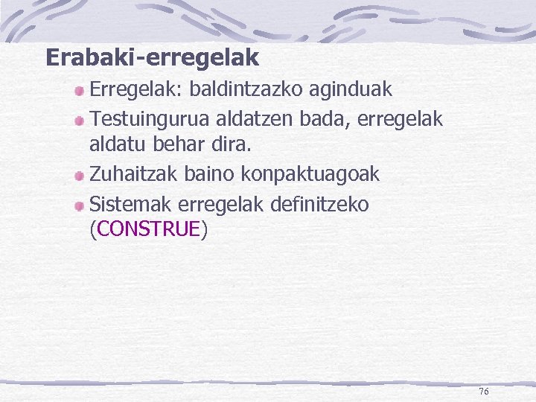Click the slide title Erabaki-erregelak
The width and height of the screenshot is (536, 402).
[x=152, y=57]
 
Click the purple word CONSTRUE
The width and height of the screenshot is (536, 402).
[x=149, y=229]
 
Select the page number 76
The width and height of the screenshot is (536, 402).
[x=484, y=392]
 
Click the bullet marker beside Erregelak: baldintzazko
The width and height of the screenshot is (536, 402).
[x=79, y=92]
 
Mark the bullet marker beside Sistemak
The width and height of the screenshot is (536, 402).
[x=79, y=205]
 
